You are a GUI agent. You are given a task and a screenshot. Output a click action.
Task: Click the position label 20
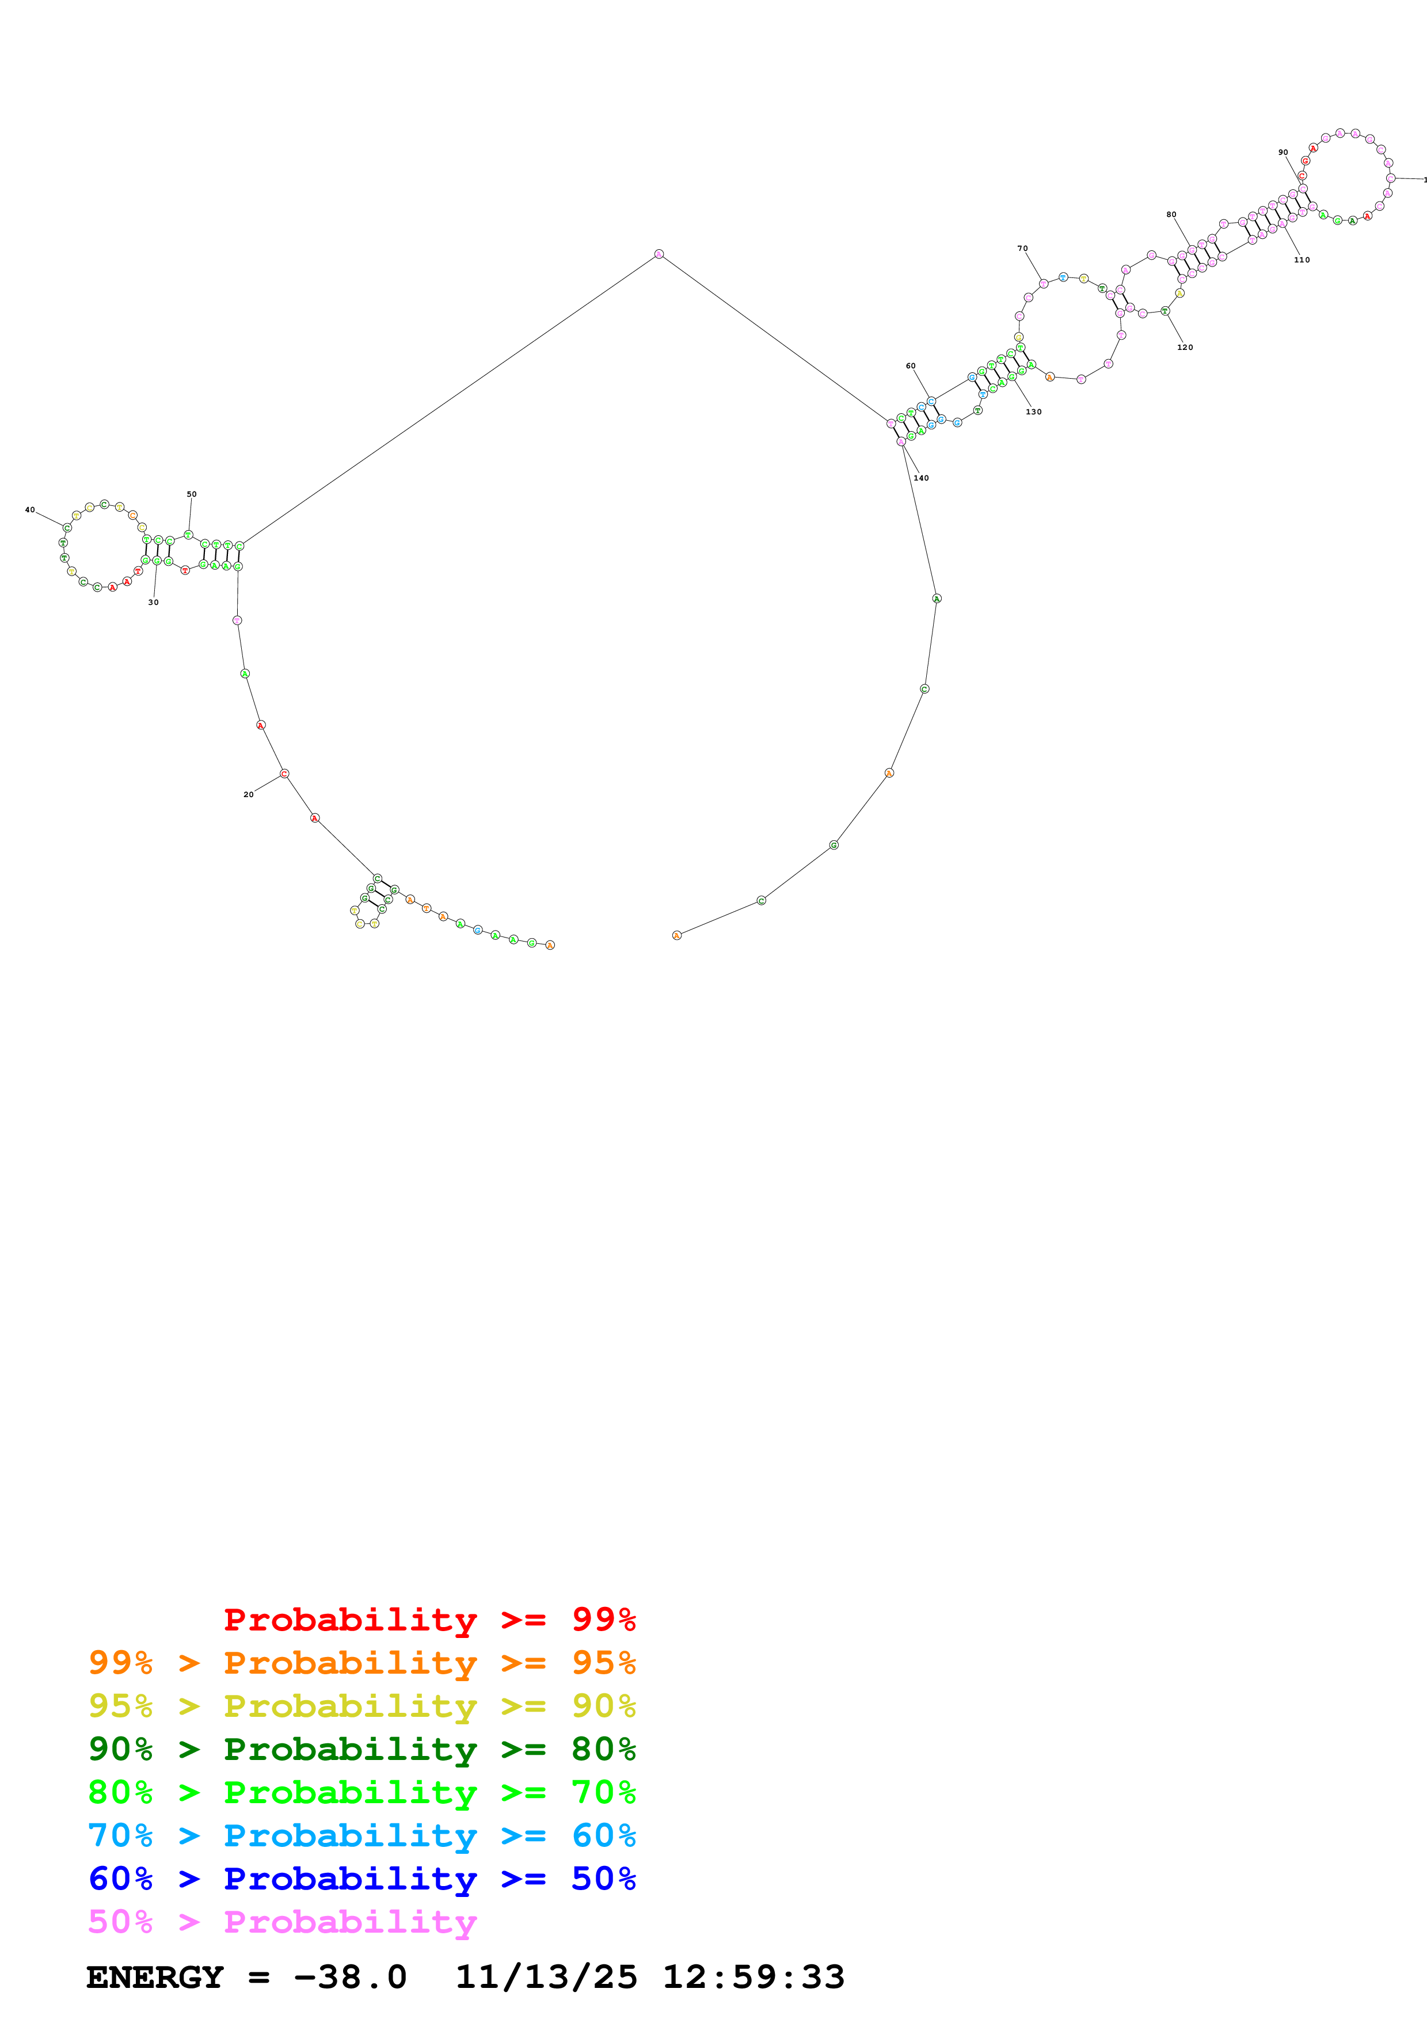coord(248,794)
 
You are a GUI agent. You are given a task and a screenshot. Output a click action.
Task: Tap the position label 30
coord(153,603)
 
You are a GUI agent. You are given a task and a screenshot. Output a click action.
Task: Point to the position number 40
coord(30,510)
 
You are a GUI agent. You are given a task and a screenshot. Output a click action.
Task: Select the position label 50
coord(192,494)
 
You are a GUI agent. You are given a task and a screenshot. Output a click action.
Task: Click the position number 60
coord(911,366)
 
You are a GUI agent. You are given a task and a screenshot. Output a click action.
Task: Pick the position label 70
coord(1022,249)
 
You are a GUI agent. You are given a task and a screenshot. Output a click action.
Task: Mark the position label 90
coord(1283,152)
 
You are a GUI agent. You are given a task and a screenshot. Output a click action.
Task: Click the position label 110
coord(1302,260)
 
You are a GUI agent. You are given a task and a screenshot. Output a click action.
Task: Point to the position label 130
coord(1034,412)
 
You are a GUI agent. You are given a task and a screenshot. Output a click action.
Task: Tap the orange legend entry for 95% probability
coord(361,1663)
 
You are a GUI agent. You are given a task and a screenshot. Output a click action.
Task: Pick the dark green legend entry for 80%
coord(361,1749)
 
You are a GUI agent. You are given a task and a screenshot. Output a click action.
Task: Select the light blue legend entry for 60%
coord(361,1835)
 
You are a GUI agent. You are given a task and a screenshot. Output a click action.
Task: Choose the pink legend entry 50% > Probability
coord(282,1921)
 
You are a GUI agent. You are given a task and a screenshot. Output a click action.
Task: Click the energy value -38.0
coord(350,1978)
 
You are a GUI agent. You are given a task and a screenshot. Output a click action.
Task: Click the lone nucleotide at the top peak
coord(659,254)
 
